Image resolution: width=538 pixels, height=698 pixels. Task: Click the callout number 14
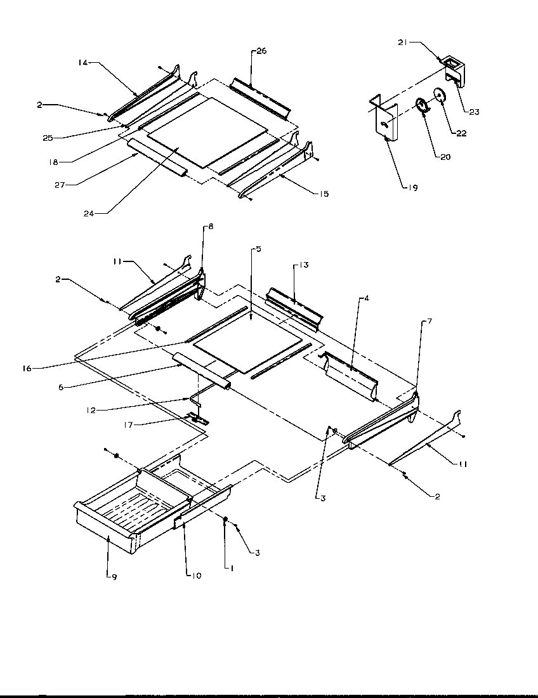(82, 62)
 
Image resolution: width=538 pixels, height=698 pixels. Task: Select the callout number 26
(262, 51)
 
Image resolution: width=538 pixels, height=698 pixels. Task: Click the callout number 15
(324, 194)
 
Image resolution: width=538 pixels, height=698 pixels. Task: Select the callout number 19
(413, 188)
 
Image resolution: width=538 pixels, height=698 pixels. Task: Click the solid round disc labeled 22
(438, 95)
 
